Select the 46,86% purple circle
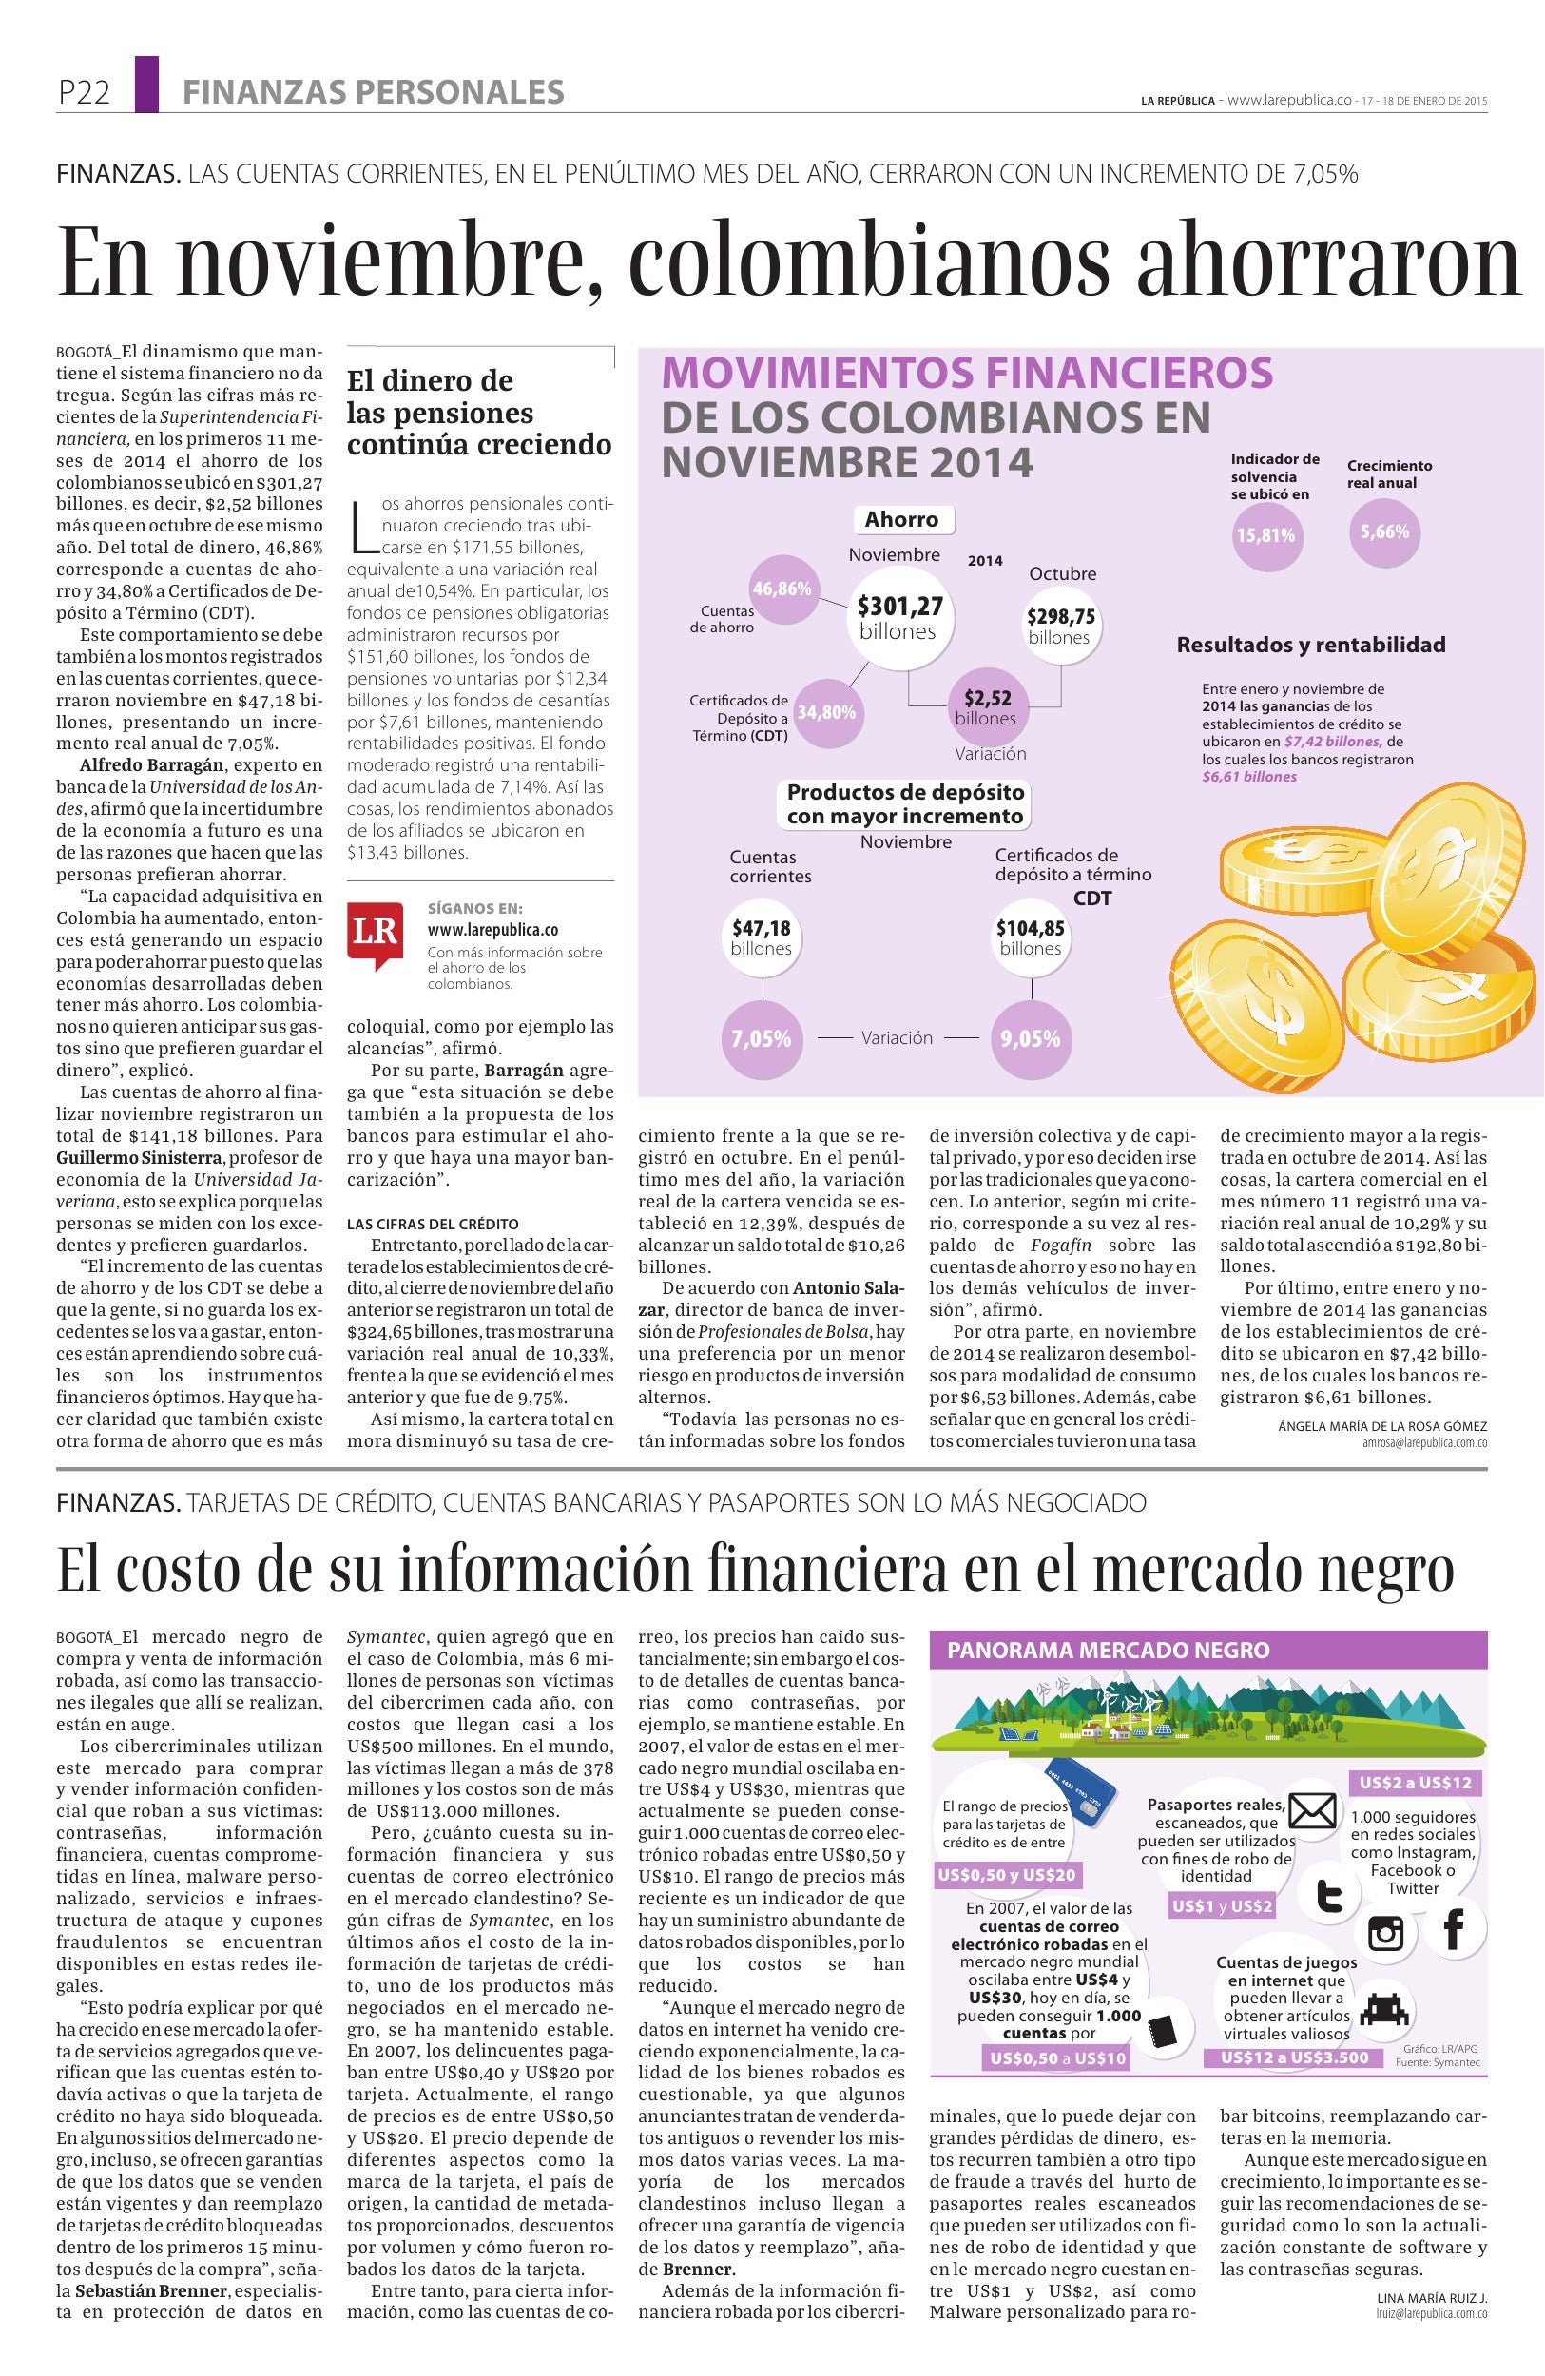(x=782, y=589)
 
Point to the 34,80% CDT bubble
(x=826, y=712)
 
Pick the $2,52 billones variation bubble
(x=985, y=706)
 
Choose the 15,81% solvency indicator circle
(x=1265, y=535)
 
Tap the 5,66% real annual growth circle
(x=1384, y=531)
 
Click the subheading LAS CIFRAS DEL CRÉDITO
(x=433, y=1224)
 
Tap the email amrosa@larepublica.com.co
(x=1423, y=1442)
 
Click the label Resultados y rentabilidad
(x=1310, y=645)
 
